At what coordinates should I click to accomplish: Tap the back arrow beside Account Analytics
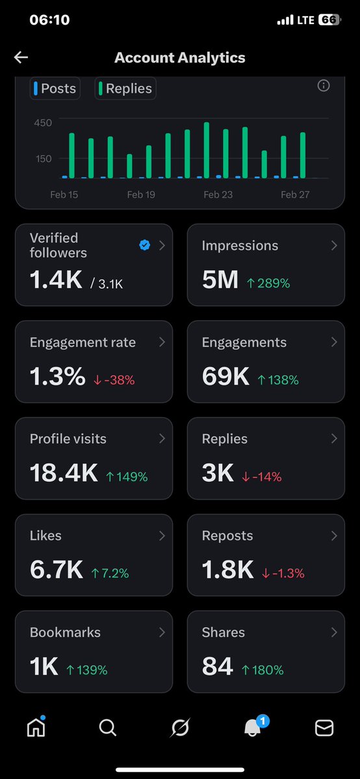[x=21, y=57]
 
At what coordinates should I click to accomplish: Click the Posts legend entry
[x=55, y=88]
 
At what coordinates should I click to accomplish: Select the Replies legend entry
[x=125, y=88]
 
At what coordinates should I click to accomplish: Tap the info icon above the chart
[x=323, y=86]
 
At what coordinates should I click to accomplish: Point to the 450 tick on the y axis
[x=43, y=122]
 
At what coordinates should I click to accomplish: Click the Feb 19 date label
[x=141, y=194]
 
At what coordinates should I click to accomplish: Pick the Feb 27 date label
[x=295, y=194]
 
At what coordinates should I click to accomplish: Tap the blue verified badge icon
[x=145, y=245]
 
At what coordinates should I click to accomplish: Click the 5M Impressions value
[x=220, y=280]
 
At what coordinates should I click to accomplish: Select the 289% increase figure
[x=268, y=283]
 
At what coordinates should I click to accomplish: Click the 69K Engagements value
[x=225, y=377]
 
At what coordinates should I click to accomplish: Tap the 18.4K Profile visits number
[x=64, y=474]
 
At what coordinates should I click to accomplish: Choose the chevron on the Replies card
[x=334, y=439]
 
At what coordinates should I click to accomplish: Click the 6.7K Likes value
[x=57, y=570]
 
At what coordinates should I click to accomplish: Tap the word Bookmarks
[x=65, y=632]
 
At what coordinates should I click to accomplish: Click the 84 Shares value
[x=217, y=667]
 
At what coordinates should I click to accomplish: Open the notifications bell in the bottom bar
[x=252, y=728]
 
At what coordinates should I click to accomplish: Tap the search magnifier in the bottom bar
[x=108, y=728]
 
